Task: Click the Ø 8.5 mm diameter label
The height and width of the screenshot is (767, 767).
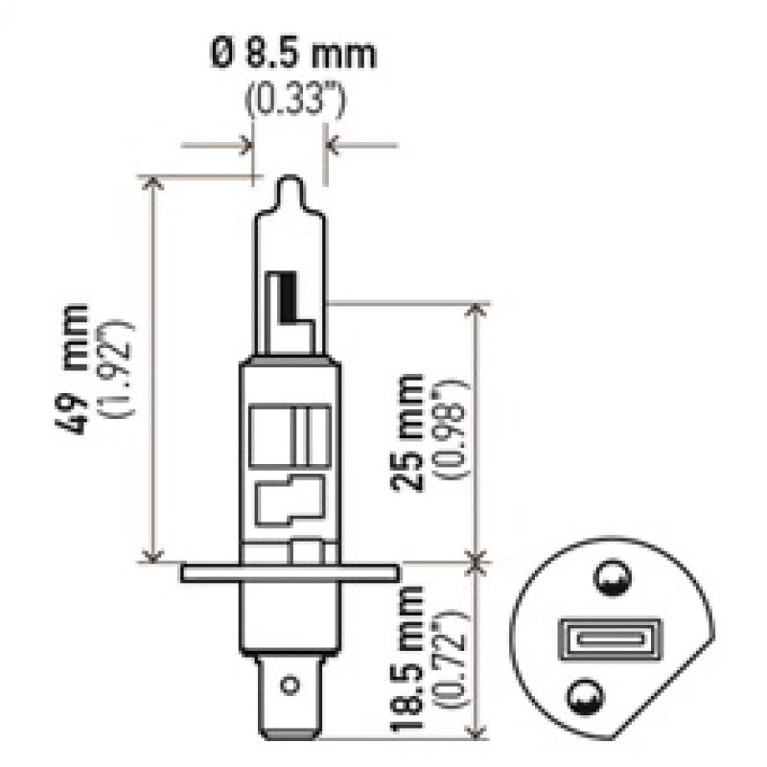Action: click(x=291, y=54)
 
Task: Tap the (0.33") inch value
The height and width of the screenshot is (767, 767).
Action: click(x=291, y=98)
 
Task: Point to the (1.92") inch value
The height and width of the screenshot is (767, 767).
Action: click(x=123, y=368)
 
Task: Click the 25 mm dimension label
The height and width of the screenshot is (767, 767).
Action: click(x=410, y=430)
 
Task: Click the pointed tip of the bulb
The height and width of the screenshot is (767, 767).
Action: click(x=290, y=182)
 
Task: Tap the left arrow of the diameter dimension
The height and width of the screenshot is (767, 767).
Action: click(x=245, y=147)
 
